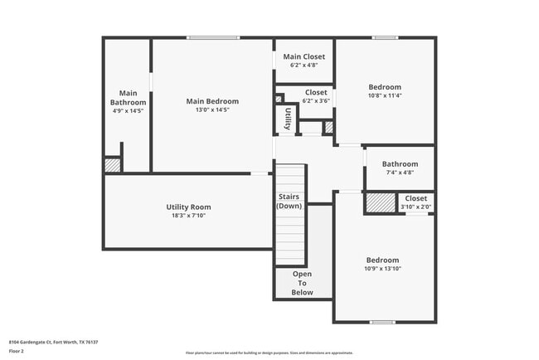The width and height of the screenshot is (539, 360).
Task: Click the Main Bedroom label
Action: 212,101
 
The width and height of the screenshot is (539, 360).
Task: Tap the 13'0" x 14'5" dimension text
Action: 212,109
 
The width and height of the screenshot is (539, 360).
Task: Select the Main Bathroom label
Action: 128,98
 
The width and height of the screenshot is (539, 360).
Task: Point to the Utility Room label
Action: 188,207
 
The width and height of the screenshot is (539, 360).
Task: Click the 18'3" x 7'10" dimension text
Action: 188,216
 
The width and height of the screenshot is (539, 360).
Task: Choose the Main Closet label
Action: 303,56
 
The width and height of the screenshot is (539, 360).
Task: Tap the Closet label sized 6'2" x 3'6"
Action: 315,92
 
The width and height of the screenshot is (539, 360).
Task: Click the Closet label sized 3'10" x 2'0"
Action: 415,198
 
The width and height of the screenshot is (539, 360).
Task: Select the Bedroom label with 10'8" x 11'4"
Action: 385,87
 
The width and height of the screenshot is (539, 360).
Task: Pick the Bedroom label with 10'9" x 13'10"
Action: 382,260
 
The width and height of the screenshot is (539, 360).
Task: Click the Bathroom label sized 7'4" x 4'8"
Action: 400,164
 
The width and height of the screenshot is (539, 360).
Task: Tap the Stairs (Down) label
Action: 289,202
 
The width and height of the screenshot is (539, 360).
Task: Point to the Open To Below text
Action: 303,283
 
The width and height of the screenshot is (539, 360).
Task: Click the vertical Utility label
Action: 287,118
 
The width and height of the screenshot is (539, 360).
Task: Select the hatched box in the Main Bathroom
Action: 112,165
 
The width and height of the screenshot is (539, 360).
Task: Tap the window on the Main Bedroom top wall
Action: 212,37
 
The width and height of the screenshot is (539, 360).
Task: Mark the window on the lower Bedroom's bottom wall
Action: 381,322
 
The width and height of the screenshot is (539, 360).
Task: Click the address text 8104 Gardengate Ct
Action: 46,341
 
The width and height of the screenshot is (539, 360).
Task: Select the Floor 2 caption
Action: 17,351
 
